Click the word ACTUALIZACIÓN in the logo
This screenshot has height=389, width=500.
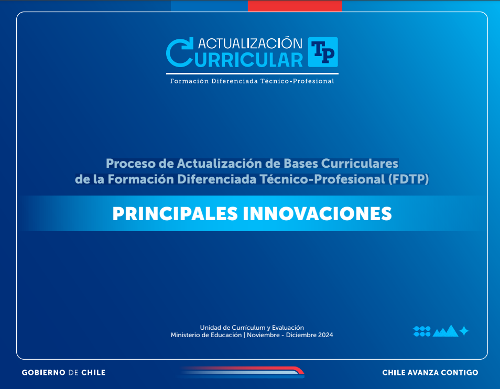click(251, 43)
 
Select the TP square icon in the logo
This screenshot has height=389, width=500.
click(323, 52)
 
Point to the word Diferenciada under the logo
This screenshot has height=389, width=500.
click(233, 81)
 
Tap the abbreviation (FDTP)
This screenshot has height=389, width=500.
click(408, 179)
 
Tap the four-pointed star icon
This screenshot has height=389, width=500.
click(464, 331)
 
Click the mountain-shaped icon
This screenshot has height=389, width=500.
click(445, 331)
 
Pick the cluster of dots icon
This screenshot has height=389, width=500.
click(422, 331)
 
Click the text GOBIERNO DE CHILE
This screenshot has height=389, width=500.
click(63, 373)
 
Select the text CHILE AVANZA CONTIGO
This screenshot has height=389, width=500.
click(430, 373)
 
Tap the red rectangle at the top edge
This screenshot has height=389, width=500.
click(295, 5)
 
